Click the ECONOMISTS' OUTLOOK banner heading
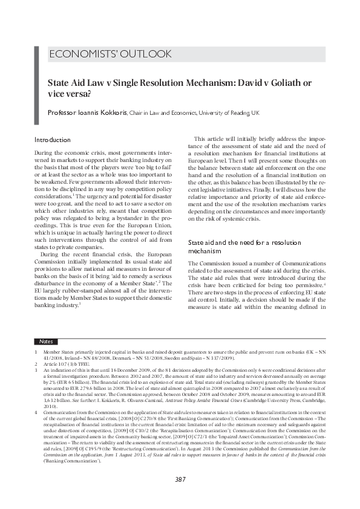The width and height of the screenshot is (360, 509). point(110,54)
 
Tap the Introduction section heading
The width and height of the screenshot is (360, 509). point(53,140)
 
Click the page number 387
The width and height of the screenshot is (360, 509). point(180,479)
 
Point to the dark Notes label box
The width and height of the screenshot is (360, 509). point(46,342)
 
